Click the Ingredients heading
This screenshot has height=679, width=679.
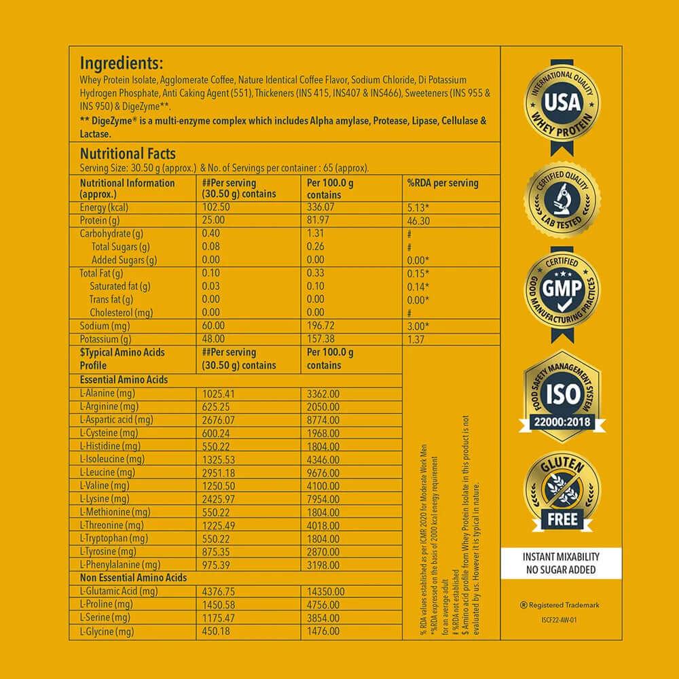(122, 63)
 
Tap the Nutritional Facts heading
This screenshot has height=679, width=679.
(128, 154)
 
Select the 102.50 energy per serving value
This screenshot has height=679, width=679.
(217, 207)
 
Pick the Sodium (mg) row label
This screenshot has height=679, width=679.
(105, 326)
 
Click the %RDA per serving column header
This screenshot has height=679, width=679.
(442, 183)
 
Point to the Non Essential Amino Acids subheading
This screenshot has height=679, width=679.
(133, 578)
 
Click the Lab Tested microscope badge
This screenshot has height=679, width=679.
(562, 200)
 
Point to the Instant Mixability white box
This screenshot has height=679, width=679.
(562, 563)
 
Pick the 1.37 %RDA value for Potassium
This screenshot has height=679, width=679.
(415, 338)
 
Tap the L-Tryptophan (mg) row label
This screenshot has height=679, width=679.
(113, 538)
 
